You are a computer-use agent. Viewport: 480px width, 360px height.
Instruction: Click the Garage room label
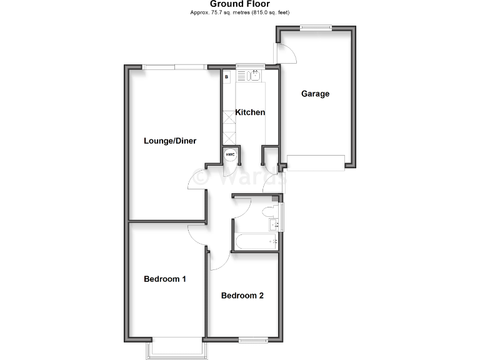315,94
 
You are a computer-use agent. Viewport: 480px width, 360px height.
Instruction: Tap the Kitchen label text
249,112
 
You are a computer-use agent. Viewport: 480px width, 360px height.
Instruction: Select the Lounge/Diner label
170,141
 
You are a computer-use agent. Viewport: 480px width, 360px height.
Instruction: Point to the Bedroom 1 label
165,279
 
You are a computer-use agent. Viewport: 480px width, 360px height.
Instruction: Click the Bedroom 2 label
242,296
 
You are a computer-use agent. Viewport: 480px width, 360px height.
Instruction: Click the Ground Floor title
240,4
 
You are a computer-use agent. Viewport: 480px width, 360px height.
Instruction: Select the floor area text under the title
240,12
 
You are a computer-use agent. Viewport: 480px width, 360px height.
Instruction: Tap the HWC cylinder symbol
230,154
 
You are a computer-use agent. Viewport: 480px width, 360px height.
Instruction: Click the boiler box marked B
227,76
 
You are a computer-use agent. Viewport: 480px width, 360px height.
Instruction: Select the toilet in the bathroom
270,209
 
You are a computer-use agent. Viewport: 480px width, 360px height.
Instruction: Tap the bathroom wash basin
274,224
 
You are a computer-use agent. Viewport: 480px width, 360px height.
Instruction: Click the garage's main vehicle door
315,162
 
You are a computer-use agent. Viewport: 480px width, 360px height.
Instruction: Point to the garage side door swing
287,55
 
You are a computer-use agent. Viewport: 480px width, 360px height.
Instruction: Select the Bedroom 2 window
253,340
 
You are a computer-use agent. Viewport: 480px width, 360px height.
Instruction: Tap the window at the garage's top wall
315,27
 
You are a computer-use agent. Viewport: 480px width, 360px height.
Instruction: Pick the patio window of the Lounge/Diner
174,66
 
